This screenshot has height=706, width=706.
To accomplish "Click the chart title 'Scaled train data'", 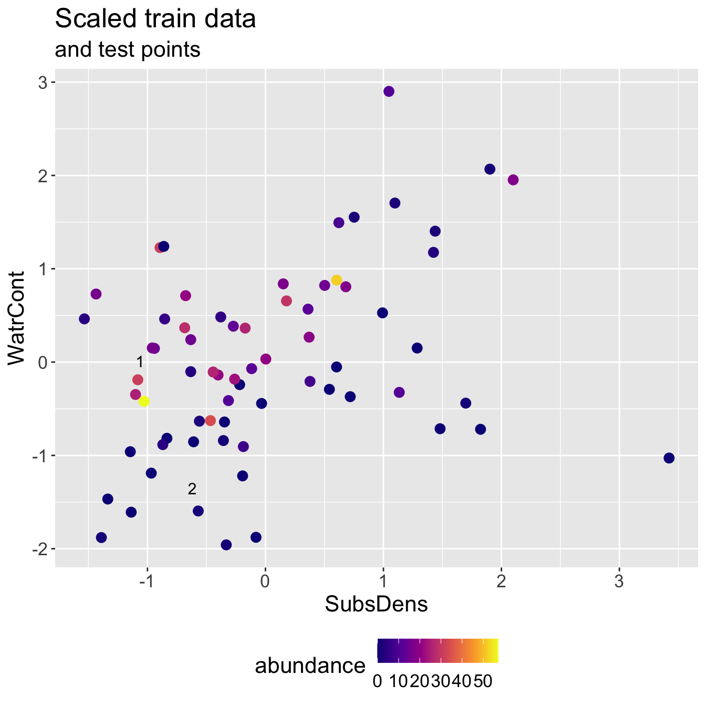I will [x=155, y=19].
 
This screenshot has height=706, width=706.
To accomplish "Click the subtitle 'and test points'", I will [x=128, y=49].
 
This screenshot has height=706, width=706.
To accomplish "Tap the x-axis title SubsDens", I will [x=376, y=605].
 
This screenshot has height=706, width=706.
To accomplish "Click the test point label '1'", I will [x=139, y=362].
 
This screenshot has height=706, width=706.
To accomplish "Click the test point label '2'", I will [x=192, y=489].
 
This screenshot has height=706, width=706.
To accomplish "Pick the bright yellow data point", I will [x=144, y=401].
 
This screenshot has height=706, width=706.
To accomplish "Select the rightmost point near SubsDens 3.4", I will [x=669, y=458].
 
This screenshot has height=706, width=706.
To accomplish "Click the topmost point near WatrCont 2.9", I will [x=389, y=91].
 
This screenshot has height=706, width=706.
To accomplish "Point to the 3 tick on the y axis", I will [x=42, y=82].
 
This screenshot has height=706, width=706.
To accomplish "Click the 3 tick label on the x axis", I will [x=619, y=582].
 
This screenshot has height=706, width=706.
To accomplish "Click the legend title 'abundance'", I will [x=310, y=666].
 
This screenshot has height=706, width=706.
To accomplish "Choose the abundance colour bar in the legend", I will [x=438, y=651].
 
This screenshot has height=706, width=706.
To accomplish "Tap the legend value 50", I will [x=482, y=681].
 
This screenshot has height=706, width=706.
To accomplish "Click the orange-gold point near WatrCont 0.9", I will [x=337, y=280].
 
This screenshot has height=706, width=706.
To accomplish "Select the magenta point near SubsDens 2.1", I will [x=513, y=180].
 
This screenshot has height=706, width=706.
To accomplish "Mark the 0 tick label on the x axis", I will [x=265, y=582].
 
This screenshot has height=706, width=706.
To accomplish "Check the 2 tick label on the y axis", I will [x=42, y=176].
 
